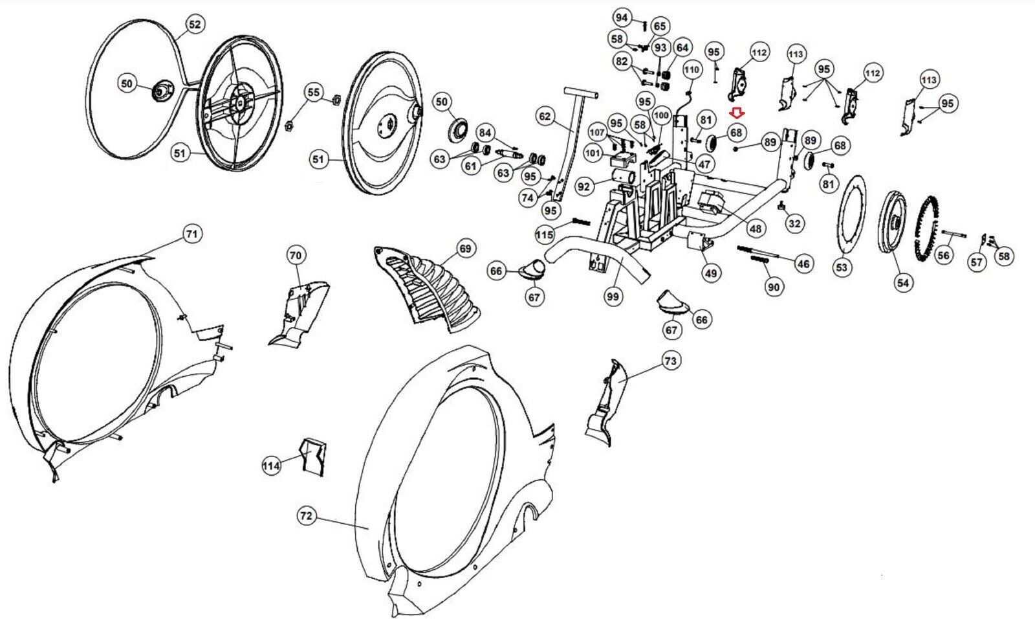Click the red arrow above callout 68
[736, 114]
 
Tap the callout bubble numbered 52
[194, 25]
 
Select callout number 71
[191, 234]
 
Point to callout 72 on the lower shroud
[306, 515]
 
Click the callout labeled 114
[271, 466]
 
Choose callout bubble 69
[465, 249]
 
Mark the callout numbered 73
[670, 361]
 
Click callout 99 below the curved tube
[612, 297]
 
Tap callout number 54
[902, 282]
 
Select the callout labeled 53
[841, 267]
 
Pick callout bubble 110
[692, 69]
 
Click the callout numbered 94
[622, 17]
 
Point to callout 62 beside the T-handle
[545, 117]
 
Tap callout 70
[295, 256]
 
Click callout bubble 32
[794, 223]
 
